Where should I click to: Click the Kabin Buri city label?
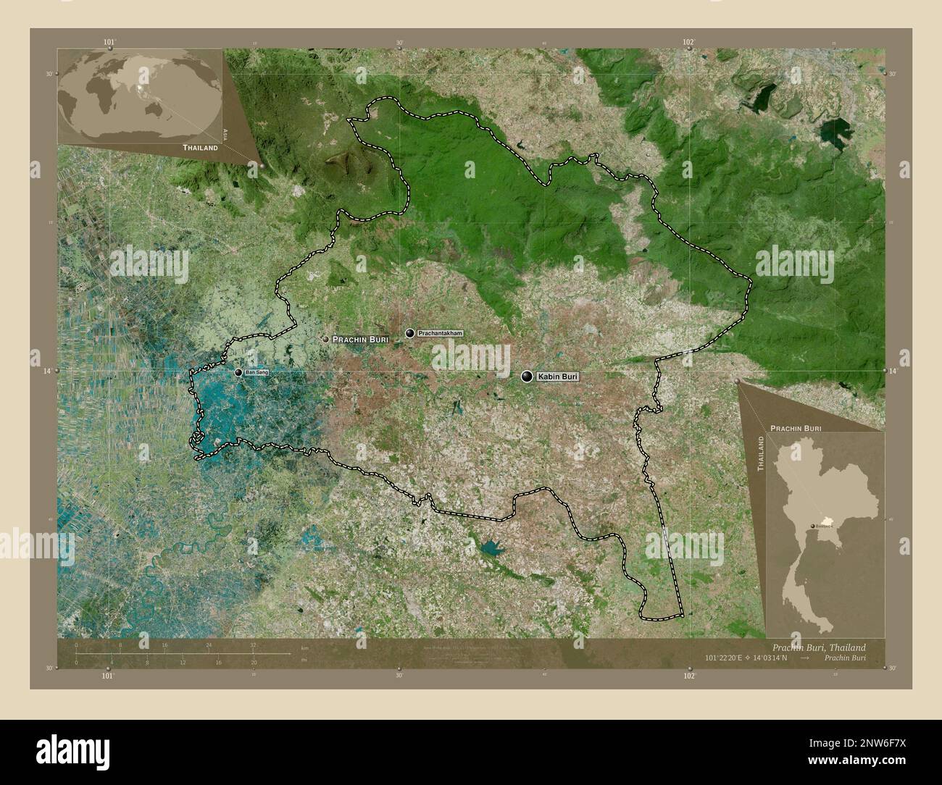pos(559,377)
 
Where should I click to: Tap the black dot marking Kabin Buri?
pos(527,376)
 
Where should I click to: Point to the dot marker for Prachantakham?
pos(410,333)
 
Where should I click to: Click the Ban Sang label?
pos(257,372)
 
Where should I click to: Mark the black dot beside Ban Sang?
pos(238,372)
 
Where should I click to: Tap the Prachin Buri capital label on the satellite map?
pos(360,339)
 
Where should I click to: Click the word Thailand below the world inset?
pos(200,147)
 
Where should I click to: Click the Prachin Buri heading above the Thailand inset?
pos(795,429)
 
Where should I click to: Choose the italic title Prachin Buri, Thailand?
pos(818,647)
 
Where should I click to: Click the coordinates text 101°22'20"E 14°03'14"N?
pos(747,658)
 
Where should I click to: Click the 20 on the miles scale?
pos(254,662)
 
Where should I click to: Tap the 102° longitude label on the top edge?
pos(689,42)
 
